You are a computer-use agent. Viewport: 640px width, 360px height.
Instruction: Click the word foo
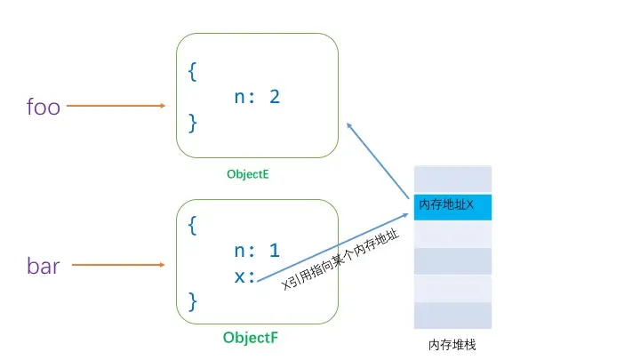[x=44, y=108]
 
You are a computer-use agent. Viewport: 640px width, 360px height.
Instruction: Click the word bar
[x=44, y=266]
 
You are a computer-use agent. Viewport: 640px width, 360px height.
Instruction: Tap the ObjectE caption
[x=247, y=175]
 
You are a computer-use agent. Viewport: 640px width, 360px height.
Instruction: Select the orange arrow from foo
[x=116, y=106]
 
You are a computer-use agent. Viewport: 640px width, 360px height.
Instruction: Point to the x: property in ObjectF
[x=245, y=276]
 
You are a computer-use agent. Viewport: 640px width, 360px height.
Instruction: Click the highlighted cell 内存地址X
[x=452, y=206]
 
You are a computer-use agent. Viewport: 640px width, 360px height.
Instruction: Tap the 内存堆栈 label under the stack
[x=452, y=345]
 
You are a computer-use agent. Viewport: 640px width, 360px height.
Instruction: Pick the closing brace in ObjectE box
[x=192, y=120]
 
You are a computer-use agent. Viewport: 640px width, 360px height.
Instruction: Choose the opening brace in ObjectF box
[x=192, y=226]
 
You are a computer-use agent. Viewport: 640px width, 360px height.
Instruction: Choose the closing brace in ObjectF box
[x=192, y=301]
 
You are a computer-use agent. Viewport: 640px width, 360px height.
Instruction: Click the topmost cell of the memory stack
[x=452, y=179]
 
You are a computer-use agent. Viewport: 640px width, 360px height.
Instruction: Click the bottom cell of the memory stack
[x=452, y=315]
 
